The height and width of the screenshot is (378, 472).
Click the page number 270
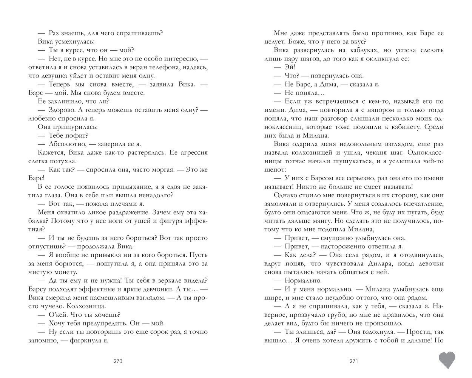pos(118,361)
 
